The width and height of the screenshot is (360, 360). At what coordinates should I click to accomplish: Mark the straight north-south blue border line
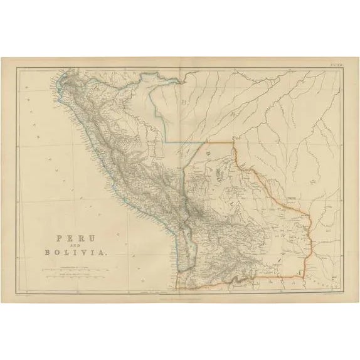point(166,113)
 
